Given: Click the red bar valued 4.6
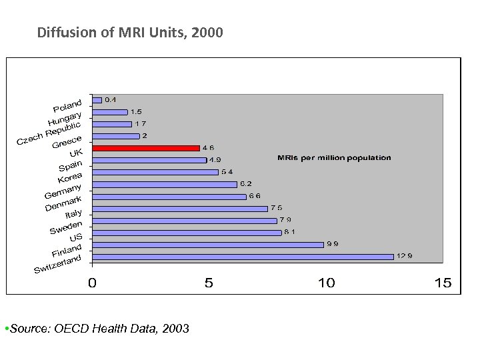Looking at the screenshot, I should pos(145,148).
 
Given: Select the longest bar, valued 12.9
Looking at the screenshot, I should pos(243,256).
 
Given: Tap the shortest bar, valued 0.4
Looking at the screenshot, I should pos(97,100).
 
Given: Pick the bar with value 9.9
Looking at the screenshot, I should pos(207,244).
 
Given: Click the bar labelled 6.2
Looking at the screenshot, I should pos(164,184).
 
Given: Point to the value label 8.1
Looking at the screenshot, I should pos(290,232).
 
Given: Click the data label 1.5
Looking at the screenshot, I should pos(136,112).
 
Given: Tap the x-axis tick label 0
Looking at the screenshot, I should pos(92,283).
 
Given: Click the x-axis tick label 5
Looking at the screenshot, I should pos(209,283).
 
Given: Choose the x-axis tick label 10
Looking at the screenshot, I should pos(326,283).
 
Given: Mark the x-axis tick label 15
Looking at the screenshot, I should pos(443,283).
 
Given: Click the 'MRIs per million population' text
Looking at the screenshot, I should pos(334,158).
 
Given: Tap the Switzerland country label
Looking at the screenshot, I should pos(58,264).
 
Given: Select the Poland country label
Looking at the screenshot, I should pos(67,105).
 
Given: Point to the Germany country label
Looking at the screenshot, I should pos(63,190).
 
